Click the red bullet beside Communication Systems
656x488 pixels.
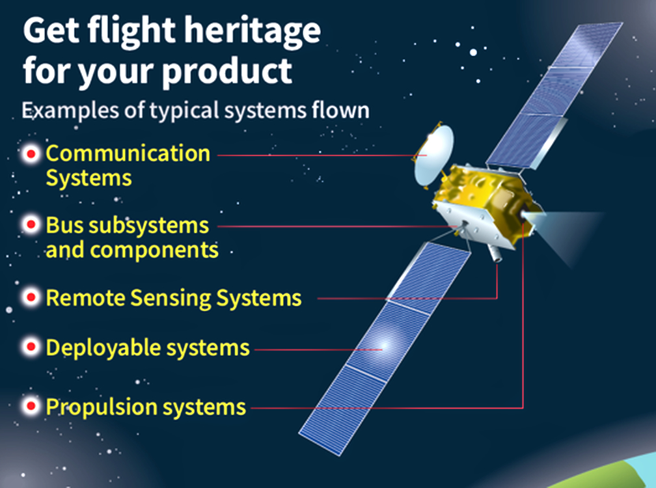[x=31, y=154]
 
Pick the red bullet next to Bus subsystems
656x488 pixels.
[x=31, y=225]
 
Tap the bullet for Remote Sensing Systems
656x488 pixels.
[x=31, y=297]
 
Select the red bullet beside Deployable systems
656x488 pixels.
[x=31, y=347]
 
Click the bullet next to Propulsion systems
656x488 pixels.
[x=31, y=405]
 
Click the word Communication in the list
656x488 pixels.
[x=128, y=153]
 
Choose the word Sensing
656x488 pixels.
[x=171, y=299]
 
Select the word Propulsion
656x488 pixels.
[x=102, y=407]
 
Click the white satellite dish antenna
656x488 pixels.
[x=433, y=156]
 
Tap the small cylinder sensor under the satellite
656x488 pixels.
[x=495, y=253]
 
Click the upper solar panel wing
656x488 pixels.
[x=555, y=96]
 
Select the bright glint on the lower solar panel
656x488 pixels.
[x=383, y=346]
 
